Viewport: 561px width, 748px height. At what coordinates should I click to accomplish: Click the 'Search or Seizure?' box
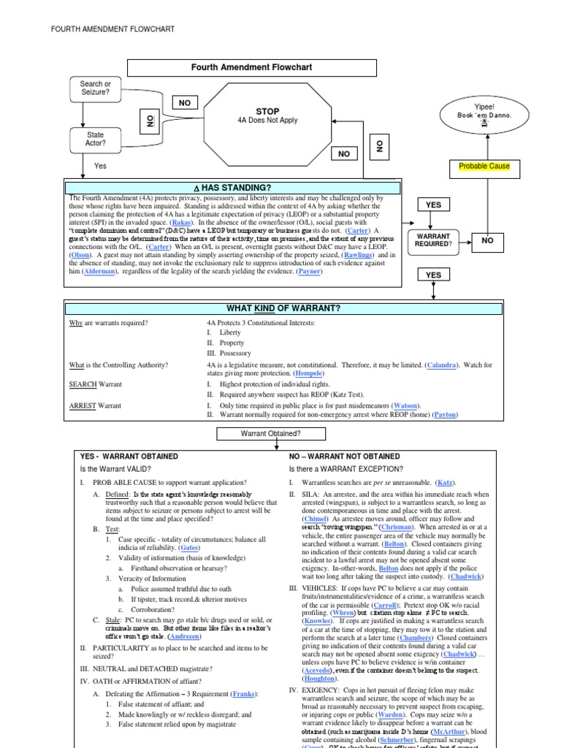tap(95, 88)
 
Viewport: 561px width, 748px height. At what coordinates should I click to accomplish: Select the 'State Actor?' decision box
tap(95, 139)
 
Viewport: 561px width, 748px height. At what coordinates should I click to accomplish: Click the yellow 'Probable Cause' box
tap(484, 167)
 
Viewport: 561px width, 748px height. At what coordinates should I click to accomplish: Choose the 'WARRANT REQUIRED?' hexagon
tap(434, 240)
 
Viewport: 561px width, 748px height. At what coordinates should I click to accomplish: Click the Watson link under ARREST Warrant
tap(406, 405)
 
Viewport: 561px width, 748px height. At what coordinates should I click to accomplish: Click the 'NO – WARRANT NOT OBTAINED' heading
tap(344, 456)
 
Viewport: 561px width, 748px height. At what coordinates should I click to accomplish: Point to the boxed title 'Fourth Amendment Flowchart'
tap(251, 67)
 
